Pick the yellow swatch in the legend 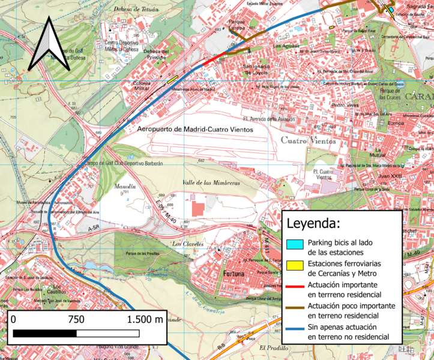point(294,265)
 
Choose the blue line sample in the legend point(294,327)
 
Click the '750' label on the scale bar point(76,319)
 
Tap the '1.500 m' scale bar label point(145,319)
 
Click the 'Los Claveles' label point(185,244)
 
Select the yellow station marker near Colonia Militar point(173,78)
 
